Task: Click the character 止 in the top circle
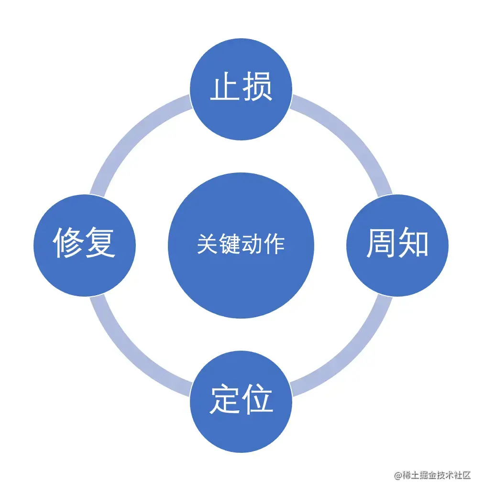click(x=225, y=87)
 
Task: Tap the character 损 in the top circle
click(x=257, y=87)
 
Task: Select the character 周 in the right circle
click(x=381, y=244)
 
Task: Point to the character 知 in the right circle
click(x=413, y=244)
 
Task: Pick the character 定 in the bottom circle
click(x=225, y=400)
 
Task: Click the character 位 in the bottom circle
click(x=257, y=400)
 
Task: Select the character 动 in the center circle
click(x=252, y=245)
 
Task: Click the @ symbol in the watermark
click(x=397, y=475)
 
